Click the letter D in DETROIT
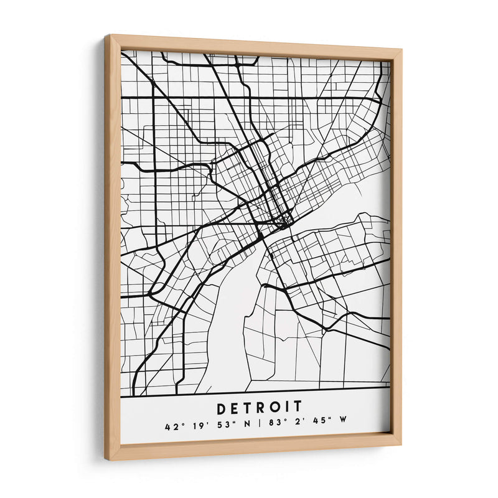[222, 408]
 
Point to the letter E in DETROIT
[235, 408]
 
